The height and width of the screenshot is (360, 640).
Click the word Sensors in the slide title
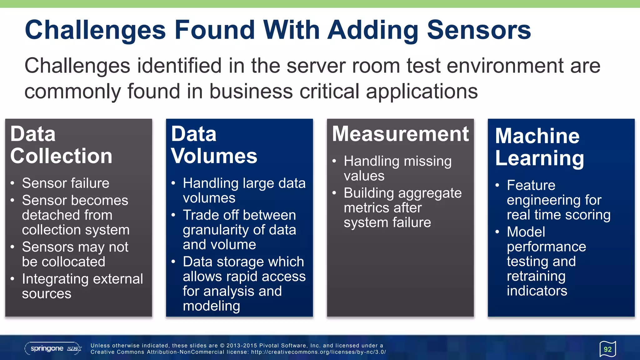point(479,30)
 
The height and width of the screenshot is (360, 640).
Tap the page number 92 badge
point(607,349)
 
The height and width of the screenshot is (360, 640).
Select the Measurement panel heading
point(400,134)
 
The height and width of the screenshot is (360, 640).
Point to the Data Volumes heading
point(214,145)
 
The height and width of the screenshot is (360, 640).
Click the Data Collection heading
point(61,145)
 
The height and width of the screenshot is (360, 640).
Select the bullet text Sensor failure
point(66,183)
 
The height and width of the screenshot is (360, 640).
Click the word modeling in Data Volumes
point(211,306)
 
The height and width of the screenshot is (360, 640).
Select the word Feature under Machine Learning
point(531,185)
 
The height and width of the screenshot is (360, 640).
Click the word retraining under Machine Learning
point(536,276)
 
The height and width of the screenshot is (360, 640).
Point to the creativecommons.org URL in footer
point(318,352)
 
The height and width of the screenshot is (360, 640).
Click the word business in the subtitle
point(251,92)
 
